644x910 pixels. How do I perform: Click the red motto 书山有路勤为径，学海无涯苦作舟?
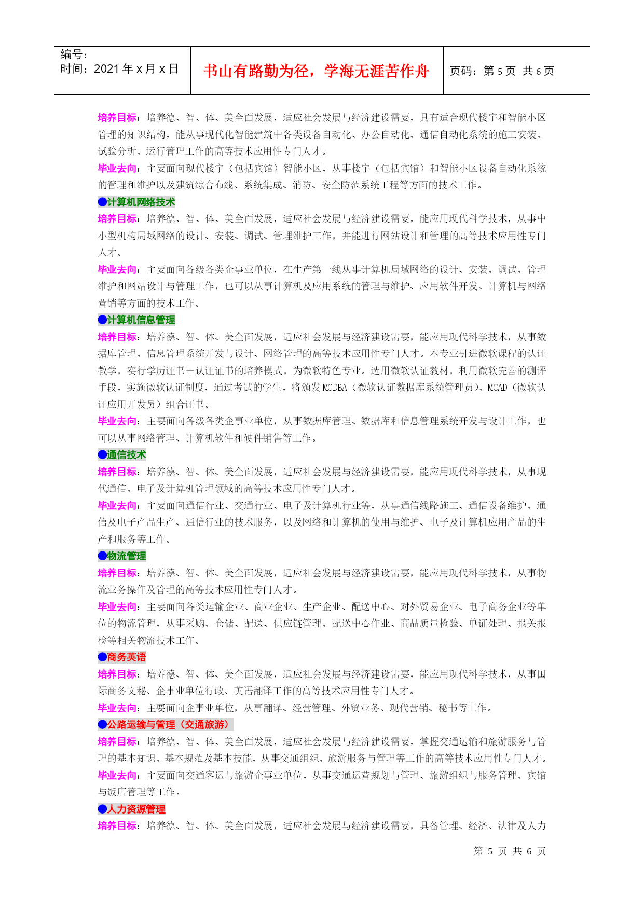316,71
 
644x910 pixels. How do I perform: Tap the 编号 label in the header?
74,54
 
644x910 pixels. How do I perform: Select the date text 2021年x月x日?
136,69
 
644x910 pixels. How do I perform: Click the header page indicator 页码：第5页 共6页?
502,71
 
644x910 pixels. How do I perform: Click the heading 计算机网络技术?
141,202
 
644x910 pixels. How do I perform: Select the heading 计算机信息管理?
141,320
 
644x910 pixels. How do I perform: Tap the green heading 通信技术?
127,455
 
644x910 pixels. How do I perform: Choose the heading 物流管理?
127,556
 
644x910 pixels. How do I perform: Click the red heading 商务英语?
127,657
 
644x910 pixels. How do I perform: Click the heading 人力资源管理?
136,809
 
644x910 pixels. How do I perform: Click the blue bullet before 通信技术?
102,455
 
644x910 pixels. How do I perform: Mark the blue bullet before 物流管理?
102,556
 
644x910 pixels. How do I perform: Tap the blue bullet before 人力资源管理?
102,809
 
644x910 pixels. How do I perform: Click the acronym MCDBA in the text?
334,388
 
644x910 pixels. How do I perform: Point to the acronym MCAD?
497,388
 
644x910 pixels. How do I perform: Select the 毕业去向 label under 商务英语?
117,708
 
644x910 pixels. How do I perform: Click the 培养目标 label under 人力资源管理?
117,826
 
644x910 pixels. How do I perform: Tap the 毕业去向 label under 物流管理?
117,607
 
